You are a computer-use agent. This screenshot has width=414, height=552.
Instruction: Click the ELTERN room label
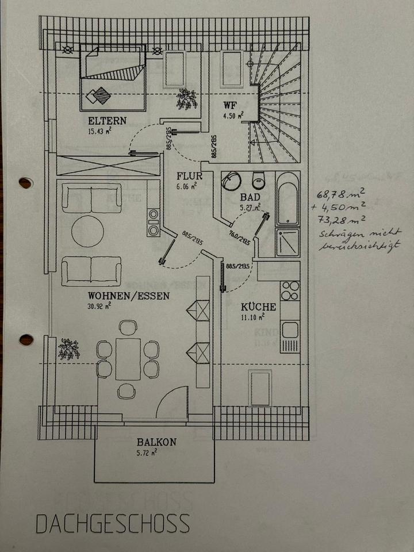pyautogui.click(x=107, y=121)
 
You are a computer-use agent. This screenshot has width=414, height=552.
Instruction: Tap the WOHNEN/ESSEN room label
pyautogui.click(x=128, y=297)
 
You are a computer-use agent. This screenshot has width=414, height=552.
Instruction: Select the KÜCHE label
pyautogui.click(x=258, y=307)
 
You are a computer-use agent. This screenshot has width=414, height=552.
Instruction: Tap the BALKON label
pyautogui.click(x=156, y=443)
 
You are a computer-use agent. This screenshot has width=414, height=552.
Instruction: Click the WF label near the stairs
pyautogui.click(x=230, y=105)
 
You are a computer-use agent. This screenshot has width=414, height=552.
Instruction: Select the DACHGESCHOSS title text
pyautogui.click(x=113, y=524)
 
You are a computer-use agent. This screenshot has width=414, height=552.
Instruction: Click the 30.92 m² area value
pyautogui.click(x=99, y=306)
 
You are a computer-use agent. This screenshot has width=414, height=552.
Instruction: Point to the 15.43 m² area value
pyautogui.click(x=99, y=131)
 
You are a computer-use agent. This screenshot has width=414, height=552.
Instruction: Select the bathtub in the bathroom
pyautogui.click(x=287, y=198)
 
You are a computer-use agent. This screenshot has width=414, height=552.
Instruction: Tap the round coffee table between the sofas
pyautogui.click(x=87, y=231)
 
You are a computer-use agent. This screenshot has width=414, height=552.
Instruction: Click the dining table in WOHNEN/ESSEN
pyautogui.click(x=128, y=359)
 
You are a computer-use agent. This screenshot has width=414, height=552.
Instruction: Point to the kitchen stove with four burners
pyautogui.click(x=290, y=291)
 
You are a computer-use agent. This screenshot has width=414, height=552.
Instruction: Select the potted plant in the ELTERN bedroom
pyautogui.click(x=187, y=98)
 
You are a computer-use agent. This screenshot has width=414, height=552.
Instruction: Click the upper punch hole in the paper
pyautogui.click(x=25, y=183)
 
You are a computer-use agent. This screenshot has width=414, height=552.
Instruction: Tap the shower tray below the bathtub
pyautogui.click(x=287, y=243)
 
